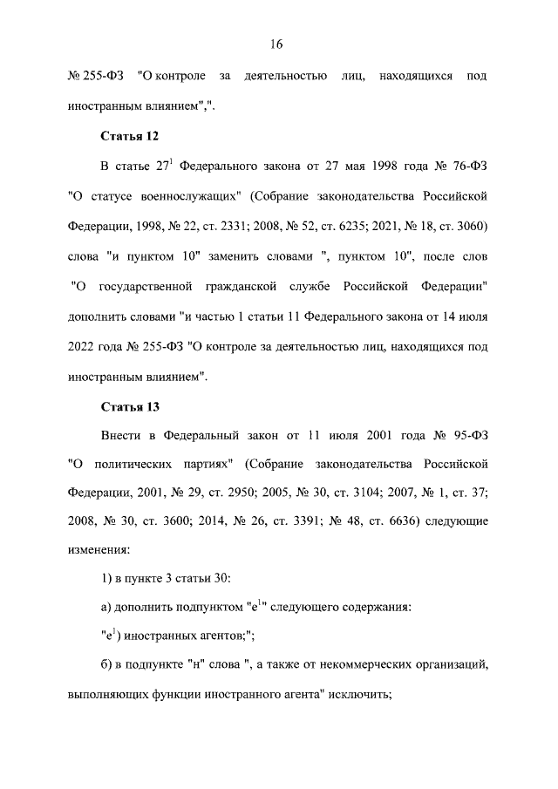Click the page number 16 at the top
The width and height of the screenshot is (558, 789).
278,44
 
